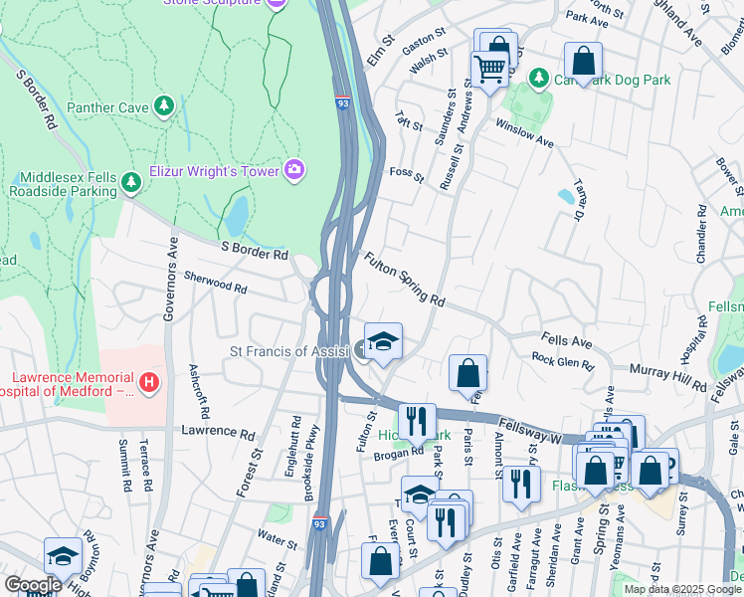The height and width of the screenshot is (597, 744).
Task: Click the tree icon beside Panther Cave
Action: point(164,106)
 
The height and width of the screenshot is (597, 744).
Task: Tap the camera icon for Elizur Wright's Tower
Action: point(293,170)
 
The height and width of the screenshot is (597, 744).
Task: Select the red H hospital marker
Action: point(149,381)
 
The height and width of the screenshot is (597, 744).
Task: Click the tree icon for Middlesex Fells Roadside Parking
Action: point(129,182)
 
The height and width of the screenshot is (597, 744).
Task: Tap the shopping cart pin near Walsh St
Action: point(488,70)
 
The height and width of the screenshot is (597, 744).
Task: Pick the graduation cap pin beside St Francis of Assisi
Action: point(383,342)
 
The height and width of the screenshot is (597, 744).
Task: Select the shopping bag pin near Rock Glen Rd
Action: point(467,374)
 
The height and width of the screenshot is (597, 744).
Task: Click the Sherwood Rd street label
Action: point(215,286)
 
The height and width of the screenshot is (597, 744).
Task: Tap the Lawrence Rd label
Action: point(218,432)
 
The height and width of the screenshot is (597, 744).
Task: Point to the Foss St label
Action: point(407,175)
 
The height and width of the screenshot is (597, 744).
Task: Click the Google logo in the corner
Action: point(33,584)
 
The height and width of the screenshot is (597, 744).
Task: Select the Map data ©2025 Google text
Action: point(682,589)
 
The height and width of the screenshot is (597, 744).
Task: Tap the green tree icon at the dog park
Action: point(538,78)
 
